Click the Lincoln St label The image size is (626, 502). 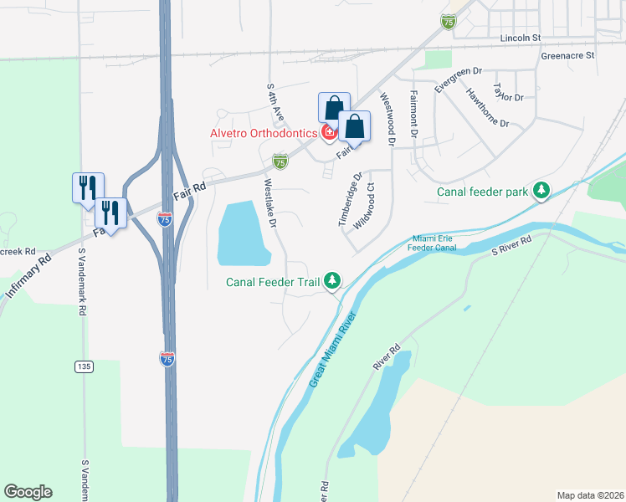[x=521, y=38]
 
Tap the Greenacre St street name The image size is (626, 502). [x=567, y=55]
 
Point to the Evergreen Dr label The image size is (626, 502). [x=459, y=81]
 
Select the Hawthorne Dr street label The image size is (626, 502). [x=487, y=107]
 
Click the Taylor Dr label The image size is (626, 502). [x=508, y=91]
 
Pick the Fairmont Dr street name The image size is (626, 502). [x=413, y=115]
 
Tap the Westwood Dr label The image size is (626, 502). [x=387, y=118]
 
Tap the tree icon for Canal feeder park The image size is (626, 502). [x=542, y=192]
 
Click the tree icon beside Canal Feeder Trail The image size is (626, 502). [x=333, y=281]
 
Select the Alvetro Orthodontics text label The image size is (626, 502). [x=262, y=133]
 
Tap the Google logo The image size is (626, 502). [x=28, y=492]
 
